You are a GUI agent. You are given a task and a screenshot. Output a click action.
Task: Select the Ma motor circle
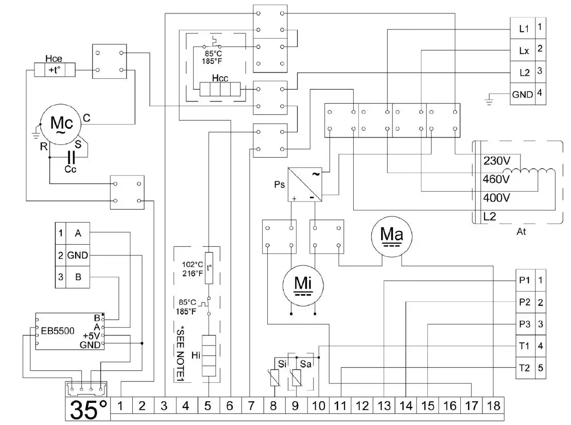pyautogui.click(x=391, y=236)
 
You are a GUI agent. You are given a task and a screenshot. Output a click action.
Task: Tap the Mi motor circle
pyautogui.click(x=303, y=284)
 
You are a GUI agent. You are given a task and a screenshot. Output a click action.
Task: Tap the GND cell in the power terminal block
pyautogui.click(x=522, y=95)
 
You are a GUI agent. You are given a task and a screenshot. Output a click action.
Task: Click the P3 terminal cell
pyautogui.click(x=525, y=325)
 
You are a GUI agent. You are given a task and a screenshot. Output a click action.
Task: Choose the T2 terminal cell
pyautogui.click(x=525, y=368)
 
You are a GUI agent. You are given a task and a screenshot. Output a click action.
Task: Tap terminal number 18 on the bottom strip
pyautogui.click(x=493, y=406)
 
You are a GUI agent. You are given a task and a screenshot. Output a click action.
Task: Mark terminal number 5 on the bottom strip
pyautogui.click(x=207, y=406)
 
